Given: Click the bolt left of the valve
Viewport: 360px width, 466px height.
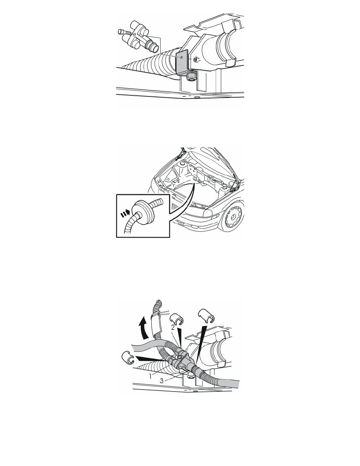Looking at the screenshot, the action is click(124, 32).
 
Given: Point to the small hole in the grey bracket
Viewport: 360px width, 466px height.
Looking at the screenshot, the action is click(182, 56).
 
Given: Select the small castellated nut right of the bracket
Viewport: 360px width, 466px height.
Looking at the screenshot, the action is click(196, 60).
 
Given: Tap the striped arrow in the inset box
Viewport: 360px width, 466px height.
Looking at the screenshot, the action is click(125, 213).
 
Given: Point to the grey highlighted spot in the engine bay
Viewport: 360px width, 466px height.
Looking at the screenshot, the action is click(195, 179).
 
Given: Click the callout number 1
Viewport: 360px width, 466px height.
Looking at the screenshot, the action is click(151, 376).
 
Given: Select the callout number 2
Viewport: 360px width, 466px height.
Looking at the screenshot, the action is click(173, 328).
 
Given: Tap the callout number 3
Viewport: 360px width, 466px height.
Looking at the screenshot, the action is click(162, 380).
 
